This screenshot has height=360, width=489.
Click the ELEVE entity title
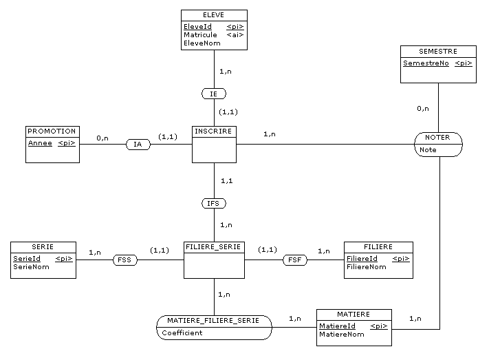pos(213,14)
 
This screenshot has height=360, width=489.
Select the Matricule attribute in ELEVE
pos(200,35)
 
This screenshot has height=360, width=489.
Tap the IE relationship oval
pos(213,93)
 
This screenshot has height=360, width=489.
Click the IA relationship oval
pos(138,145)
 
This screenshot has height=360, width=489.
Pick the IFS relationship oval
pos(213,203)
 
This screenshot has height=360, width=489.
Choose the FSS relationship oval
pos(125,260)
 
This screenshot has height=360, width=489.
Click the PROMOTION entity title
pos(52,131)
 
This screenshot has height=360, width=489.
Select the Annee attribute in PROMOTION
pos(39,143)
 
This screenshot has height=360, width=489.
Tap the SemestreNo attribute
pos(426,63)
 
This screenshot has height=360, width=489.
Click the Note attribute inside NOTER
pos(428,149)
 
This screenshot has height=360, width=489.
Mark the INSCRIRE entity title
pos(213,131)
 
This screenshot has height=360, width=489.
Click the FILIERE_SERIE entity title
pos(214,246)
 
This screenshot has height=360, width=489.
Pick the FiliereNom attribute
pos(366,267)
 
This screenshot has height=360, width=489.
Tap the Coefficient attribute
pos(182,333)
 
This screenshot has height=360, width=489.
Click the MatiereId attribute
pos(337,326)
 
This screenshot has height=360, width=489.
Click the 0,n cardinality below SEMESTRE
pos(422,109)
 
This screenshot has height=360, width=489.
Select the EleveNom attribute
pos(202,43)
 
